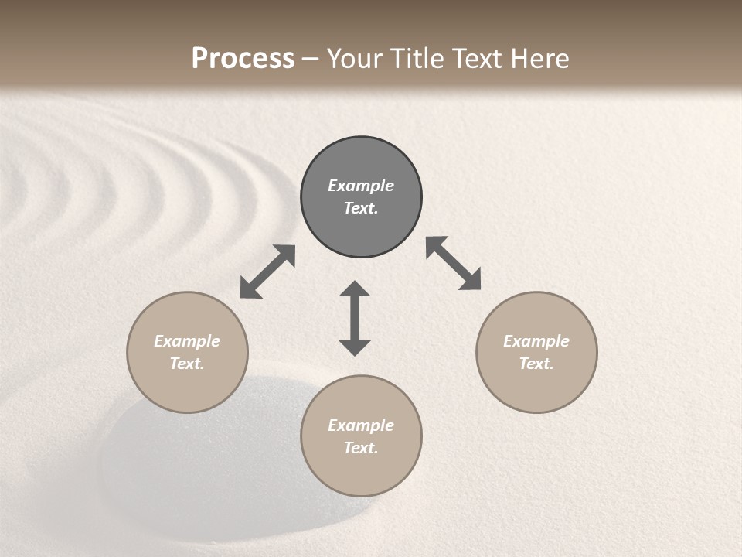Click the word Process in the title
pos(243,59)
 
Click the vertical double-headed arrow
pos(355,318)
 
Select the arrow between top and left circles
pos(267,272)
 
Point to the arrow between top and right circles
pos(454,263)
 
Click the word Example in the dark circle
pos(361,186)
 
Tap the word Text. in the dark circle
pos(361,208)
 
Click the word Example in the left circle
pos(187,341)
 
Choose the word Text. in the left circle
pos(187,364)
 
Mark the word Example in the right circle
pos(536,341)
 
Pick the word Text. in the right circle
pos(536,364)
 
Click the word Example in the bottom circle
pos(361,425)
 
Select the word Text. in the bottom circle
pos(361,448)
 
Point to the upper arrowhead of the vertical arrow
pos(355,289)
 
